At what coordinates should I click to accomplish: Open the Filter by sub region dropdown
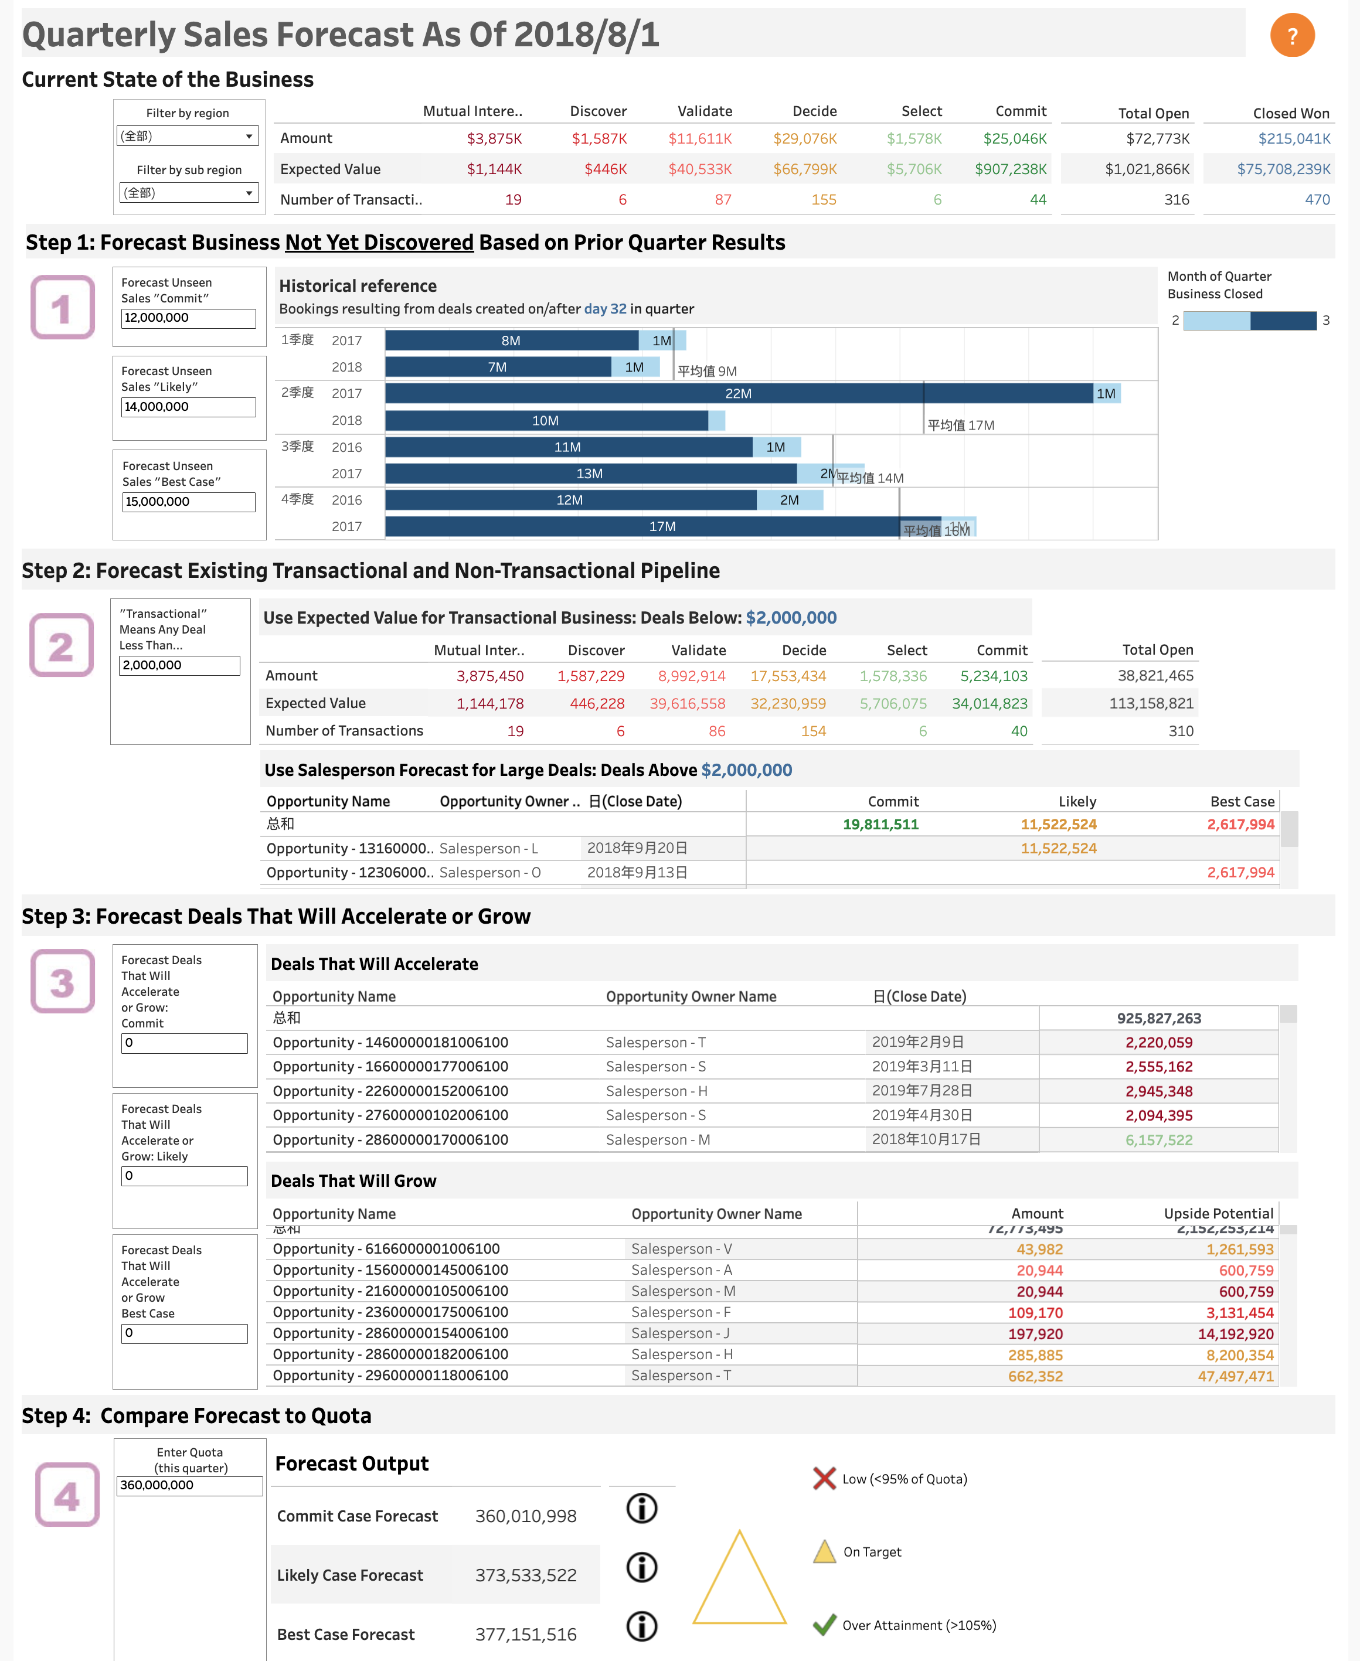[x=188, y=193]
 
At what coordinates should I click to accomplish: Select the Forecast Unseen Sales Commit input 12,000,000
[x=188, y=318]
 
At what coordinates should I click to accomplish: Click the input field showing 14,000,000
[x=188, y=406]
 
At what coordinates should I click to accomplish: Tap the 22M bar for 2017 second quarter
[x=738, y=393]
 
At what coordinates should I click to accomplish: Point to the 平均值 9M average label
[x=706, y=371]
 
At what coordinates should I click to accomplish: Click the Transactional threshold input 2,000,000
[x=179, y=665]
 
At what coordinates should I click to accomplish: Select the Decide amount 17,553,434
[x=787, y=676]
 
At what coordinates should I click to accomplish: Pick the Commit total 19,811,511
[x=880, y=824]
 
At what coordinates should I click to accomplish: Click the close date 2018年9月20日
[x=637, y=848]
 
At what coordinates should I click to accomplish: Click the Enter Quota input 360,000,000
[x=189, y=1486]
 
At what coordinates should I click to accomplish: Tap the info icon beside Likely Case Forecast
[x=642, y=1567]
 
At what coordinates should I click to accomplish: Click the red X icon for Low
[x=824, y=1479]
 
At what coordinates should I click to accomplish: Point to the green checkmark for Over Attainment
[x=824, y=1625]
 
